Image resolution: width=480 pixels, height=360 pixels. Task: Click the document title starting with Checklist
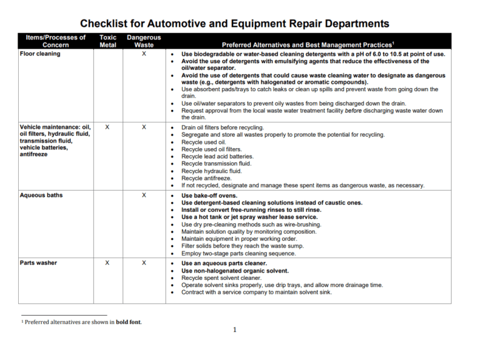[x=234, y=23]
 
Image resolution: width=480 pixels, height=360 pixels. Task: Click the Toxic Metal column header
[x=107, y=41]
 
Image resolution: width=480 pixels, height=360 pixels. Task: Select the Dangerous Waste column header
[x=144, y=41]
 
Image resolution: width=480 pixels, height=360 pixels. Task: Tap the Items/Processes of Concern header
[x=56, y=41]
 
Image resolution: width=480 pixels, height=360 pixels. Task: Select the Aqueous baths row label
[x=41, y=196]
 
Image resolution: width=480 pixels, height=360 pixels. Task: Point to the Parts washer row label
[x=38, y=263]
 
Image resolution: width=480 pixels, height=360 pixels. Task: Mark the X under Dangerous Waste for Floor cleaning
[x=144, y=54]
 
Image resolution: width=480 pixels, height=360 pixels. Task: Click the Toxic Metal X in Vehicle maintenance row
[x=107, y=127]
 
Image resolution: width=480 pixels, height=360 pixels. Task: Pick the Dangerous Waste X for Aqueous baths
[x=144, y=196]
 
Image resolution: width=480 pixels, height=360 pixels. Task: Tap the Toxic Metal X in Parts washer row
[x=107, y=263]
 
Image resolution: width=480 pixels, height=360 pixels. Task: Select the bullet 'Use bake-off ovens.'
[x=209, y=196]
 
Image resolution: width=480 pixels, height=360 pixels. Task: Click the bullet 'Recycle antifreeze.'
[x=206, y=178]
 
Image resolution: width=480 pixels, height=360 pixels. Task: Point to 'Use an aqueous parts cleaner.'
[x=224, y=263]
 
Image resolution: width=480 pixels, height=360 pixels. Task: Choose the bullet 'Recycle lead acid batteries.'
[x=217, y=156]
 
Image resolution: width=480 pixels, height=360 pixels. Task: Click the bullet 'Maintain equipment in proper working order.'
[x=240, y=239]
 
